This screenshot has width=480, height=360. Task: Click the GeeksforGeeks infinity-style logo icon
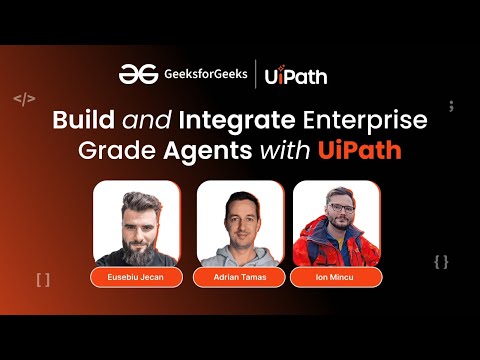click(135, 74)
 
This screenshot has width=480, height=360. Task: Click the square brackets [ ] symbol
click(42, 280)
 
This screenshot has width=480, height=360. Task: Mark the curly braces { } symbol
click(441, 262)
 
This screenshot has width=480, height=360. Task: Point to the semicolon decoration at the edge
click(451, 105)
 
